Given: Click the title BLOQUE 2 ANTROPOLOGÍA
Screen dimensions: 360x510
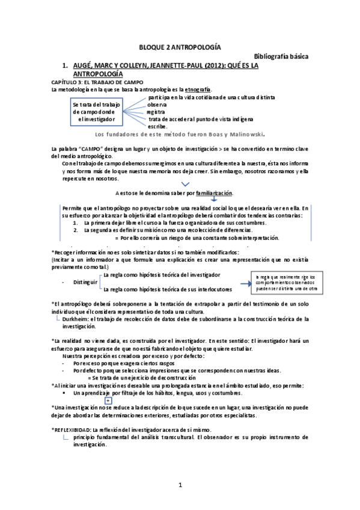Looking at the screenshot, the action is [179, 46].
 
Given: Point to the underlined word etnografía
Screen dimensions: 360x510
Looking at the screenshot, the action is [182, 89].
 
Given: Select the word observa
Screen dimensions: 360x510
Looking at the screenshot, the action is [157, 104].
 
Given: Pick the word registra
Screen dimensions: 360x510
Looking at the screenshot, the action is [156, 112].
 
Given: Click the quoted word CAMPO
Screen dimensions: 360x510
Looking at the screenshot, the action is [90, 148].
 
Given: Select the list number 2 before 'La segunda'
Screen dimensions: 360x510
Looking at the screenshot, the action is [76, 230].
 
